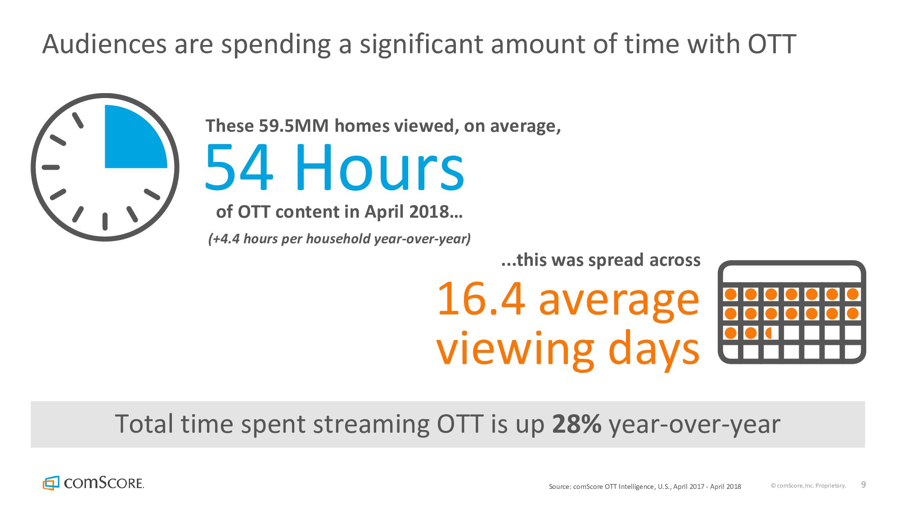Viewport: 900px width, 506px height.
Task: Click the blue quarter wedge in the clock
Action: click(x=130, y=142)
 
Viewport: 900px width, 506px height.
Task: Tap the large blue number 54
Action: click(x=239, y=167)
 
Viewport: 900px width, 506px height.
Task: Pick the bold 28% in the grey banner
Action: click(x=576, y=424)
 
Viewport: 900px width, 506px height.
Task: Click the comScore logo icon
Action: click(x=51, y=483)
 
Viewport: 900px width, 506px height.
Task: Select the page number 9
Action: click(x=863, y=484)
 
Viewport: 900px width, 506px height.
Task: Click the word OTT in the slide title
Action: click(x=772, y=44)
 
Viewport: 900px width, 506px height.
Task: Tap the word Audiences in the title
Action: click(x=104, y=44)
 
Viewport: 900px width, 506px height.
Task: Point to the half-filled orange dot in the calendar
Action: click(x=769, y=333)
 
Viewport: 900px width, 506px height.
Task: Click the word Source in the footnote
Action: click(x=559, y=486)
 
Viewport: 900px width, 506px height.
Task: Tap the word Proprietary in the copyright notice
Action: click(x=831, y=486)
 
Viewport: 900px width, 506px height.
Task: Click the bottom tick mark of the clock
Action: click(x=105, y=221)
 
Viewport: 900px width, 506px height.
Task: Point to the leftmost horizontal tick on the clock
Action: click(x=51, y=167)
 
